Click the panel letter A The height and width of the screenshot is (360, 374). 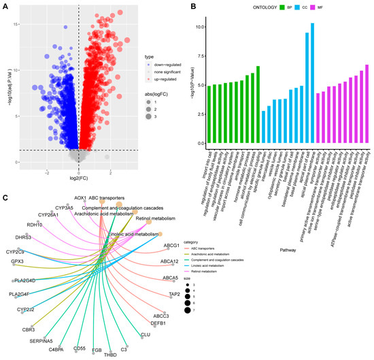coord(5,6)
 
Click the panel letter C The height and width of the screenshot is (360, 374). coord(5,198)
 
